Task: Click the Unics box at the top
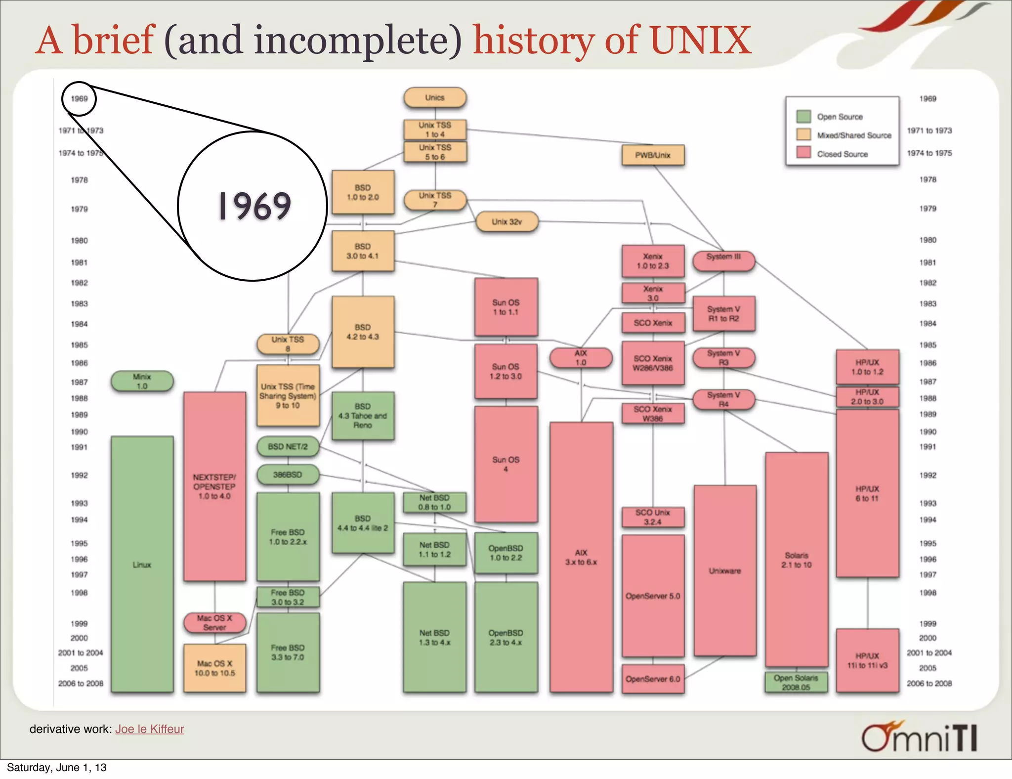click(x=435, y=98)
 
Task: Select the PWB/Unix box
click(x=653, y=155)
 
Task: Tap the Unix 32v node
click(x=507, y=222)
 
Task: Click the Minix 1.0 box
click(x=142, y=381)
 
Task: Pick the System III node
click(x=723, y=260)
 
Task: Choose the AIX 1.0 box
click(x=581, y=358)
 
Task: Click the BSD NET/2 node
click(x=288, y=447)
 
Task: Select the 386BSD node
click(x=288, y=475)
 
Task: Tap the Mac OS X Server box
click(x=214, y=623)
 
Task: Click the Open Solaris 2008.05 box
click(x=796, y=683)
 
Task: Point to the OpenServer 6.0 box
click(x=653, y=680)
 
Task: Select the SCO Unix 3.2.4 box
click(x=653, y=517)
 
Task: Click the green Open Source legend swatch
click(x=803, y=117)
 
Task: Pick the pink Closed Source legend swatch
click(x=803, y=153)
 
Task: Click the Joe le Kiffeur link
click(x=150, y=729)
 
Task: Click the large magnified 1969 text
click(x=254, y=206)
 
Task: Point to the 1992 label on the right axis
click(x=928, y=476)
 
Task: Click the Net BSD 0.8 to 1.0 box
click(x=435, y=502)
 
